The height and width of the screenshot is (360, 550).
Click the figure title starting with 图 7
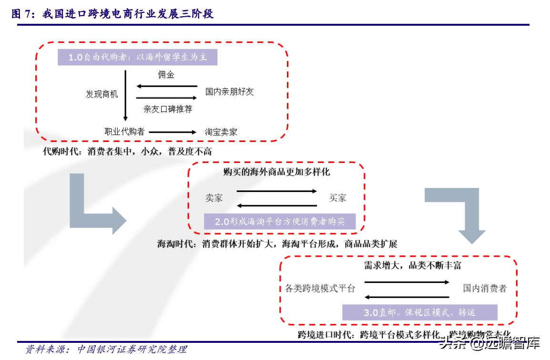point(112,15)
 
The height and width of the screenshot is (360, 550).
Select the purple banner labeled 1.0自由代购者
point(138,57)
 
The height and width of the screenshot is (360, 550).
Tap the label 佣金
point(166,75)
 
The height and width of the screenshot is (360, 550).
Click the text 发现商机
point(102,94)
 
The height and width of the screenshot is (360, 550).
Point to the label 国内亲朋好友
point(229,91)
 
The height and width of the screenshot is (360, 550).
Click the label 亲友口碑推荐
point(168,109)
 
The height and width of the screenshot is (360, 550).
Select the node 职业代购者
point(124,131)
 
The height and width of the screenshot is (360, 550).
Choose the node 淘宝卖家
point(221,132)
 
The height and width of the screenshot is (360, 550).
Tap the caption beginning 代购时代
point(127,152)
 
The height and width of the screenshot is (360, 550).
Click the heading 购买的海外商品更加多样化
point(276,171)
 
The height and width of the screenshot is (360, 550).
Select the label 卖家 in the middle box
point(214,198)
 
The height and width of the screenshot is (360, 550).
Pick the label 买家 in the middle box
point(337,198)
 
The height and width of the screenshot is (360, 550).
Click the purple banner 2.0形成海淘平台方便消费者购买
point(279,221)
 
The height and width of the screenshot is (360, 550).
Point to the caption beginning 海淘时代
point(277,244)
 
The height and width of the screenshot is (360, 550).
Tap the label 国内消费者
point(485,288)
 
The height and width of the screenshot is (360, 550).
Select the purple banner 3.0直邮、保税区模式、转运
point(419,312)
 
